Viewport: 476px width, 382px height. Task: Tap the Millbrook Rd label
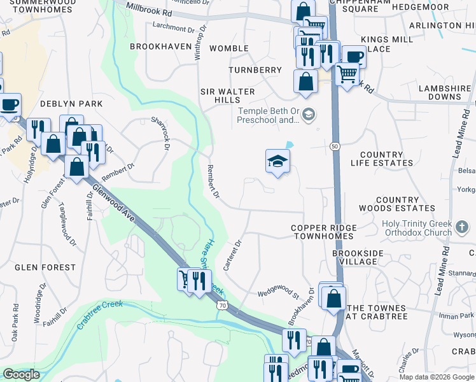tap(149, 9)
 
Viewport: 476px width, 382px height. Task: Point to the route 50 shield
tap(334, 147)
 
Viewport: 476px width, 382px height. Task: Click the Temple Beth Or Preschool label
tap(269, 115)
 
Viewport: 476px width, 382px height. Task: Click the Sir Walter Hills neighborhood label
tap(227, 95)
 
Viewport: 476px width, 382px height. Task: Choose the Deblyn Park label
tap(62, 103)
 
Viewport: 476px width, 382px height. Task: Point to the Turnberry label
tap(255, 69)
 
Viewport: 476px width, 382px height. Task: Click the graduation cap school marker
tap(278, 162)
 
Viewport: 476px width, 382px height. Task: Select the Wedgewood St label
tap(278, 295)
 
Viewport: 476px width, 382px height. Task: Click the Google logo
tap(21, 374)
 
